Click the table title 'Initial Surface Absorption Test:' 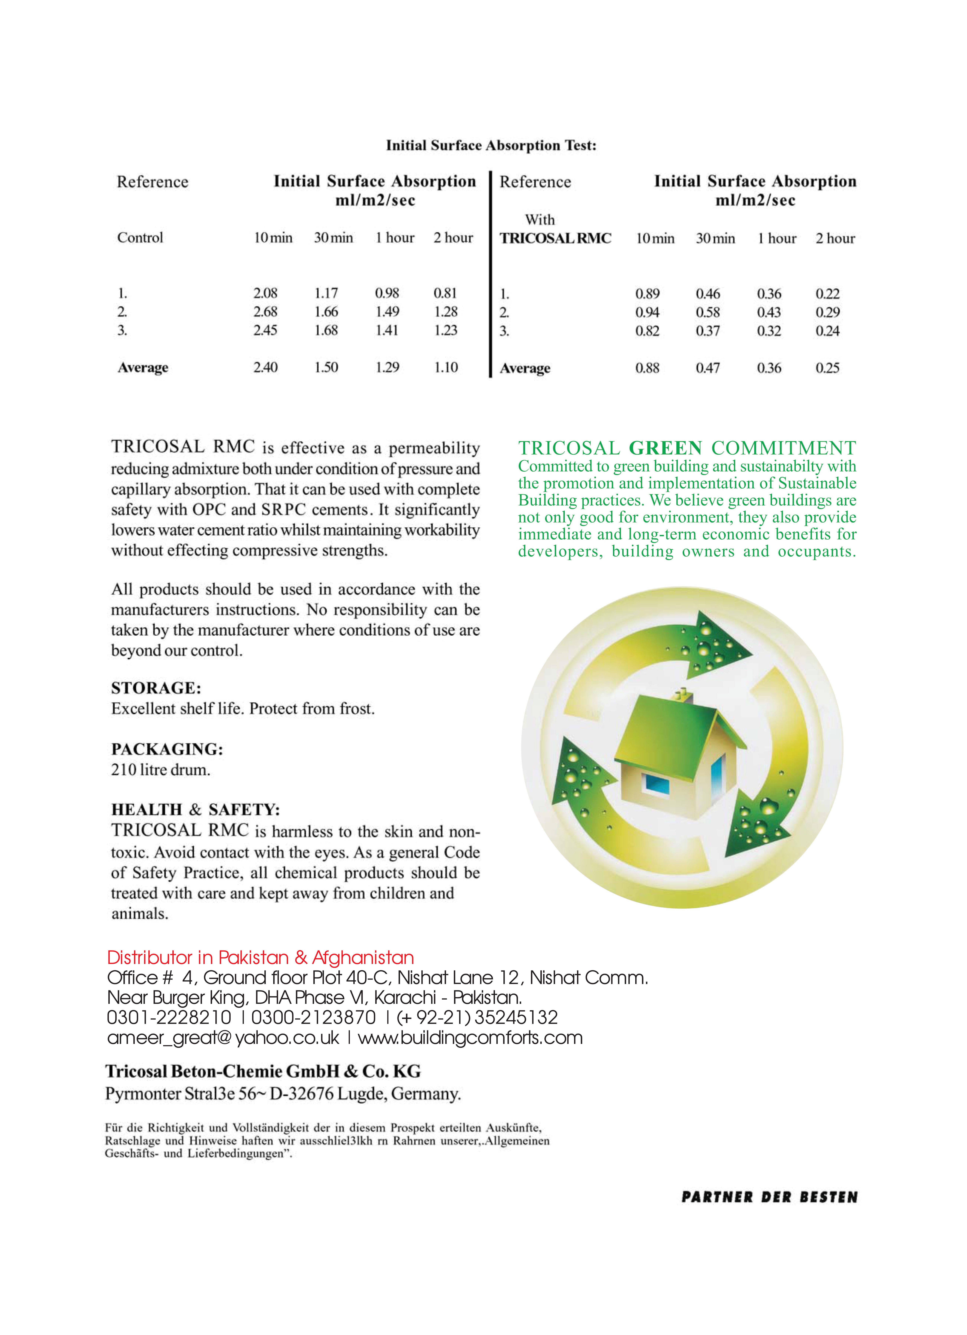pyautogui.click(x=491, y=145)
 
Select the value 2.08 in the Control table pyautogui.click(x=265, y=293)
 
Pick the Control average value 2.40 pyautogui.click(x=265, y=367)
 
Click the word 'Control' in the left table pyautogui.click(x=140, y=238)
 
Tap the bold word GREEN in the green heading pyautogui.click(x=665, y=449)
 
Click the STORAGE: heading pyautogui.click(x=156, y=688)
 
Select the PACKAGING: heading pyautogui.click(x=167, y=749)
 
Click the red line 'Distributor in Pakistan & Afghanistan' pyautogui.click(x=261, y=958)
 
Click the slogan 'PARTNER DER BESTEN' pyautogui.click(x=769, y=1197)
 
